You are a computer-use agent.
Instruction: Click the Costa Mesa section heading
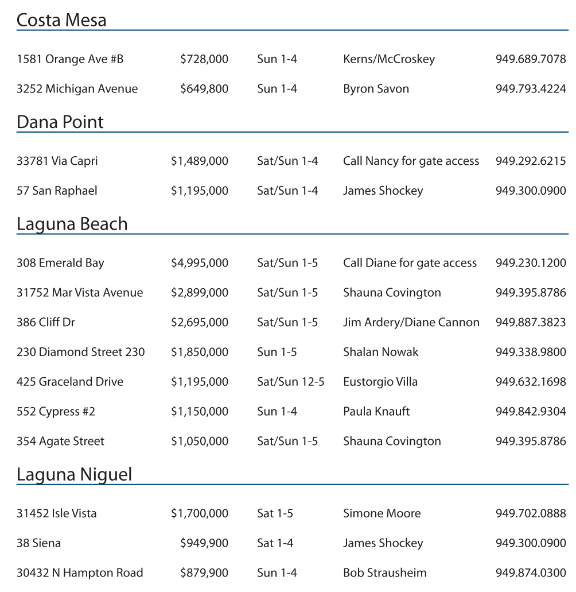point(61,20)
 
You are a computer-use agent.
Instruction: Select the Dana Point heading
point(60,122)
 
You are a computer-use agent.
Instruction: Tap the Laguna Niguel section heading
point(74,474)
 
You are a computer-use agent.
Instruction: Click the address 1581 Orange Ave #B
point(70,59)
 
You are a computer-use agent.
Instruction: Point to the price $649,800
point(204,89)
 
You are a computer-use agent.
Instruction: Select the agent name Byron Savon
point(376,89)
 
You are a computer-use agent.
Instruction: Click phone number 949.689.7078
point(531,59)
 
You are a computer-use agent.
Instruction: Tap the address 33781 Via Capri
point(57,161)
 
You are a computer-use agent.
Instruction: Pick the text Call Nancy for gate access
point(411,161)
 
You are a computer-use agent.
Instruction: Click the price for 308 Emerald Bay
point(199,263)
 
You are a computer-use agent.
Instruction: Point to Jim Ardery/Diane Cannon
point(411,323)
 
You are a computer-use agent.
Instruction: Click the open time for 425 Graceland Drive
point(290,382)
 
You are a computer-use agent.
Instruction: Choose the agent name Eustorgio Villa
point(380,382)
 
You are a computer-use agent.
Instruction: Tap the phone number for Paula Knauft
point(531,412)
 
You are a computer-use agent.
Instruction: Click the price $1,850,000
point(199,352)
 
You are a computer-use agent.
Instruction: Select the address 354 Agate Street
point(60,442)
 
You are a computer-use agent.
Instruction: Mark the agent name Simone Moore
point(382,513)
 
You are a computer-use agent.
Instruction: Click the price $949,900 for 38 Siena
point(204,543)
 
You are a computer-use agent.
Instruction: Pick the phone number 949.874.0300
point(531,573)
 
